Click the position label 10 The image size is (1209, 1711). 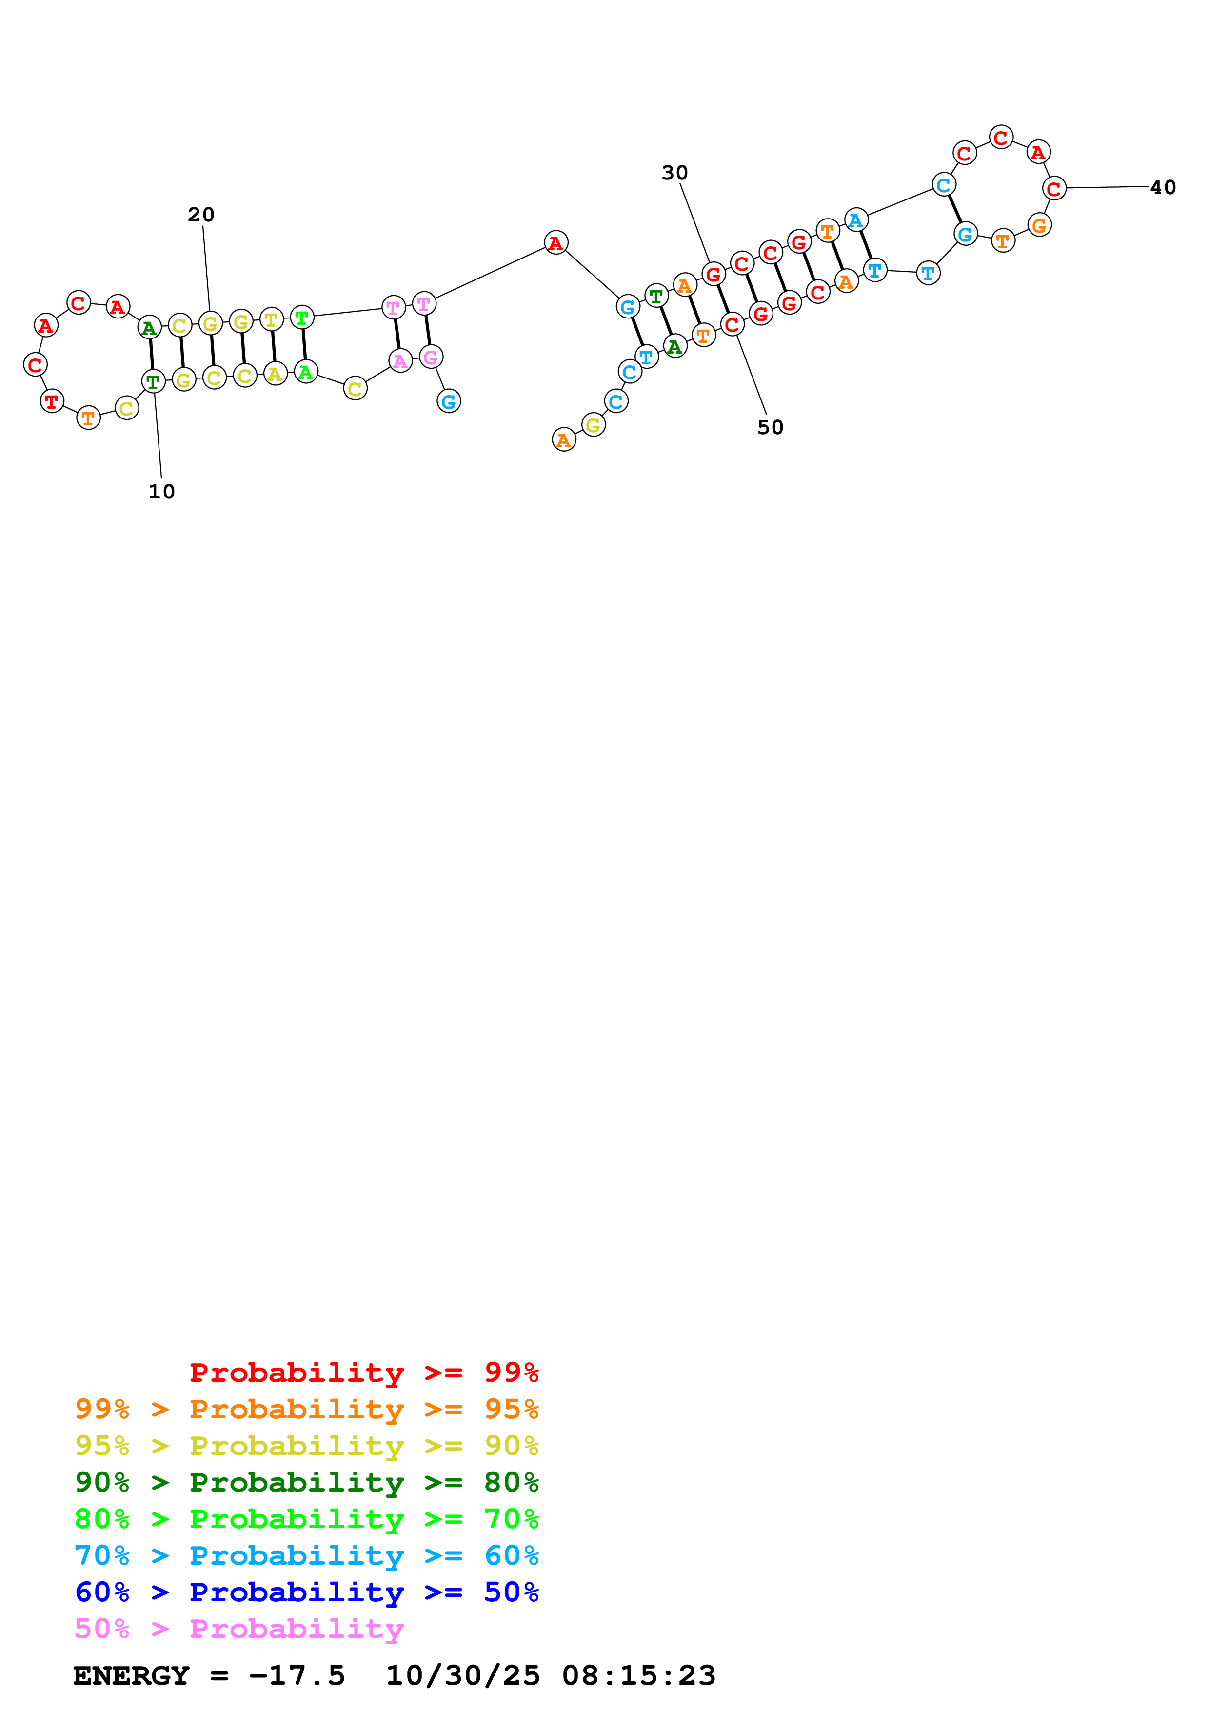(x=161, y=492)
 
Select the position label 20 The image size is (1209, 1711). (x=201, y=215)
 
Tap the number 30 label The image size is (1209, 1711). (x=675, y=173)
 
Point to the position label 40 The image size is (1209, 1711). (x=1163, y=188)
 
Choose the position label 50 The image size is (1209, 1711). (x=770, y=428)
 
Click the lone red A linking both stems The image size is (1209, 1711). (x=555, y=242)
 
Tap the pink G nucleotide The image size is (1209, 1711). (x=431, y=357)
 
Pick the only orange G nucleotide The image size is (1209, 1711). (x=1039, y=224)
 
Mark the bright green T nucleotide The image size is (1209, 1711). (x=302, y=318)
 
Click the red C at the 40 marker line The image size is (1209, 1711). (x=1054, y=189)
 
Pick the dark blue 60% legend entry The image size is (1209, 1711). (x=307, y=1592)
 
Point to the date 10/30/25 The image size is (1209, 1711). (x=463, y=1675)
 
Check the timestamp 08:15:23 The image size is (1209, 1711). (x=639, y=1675)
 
